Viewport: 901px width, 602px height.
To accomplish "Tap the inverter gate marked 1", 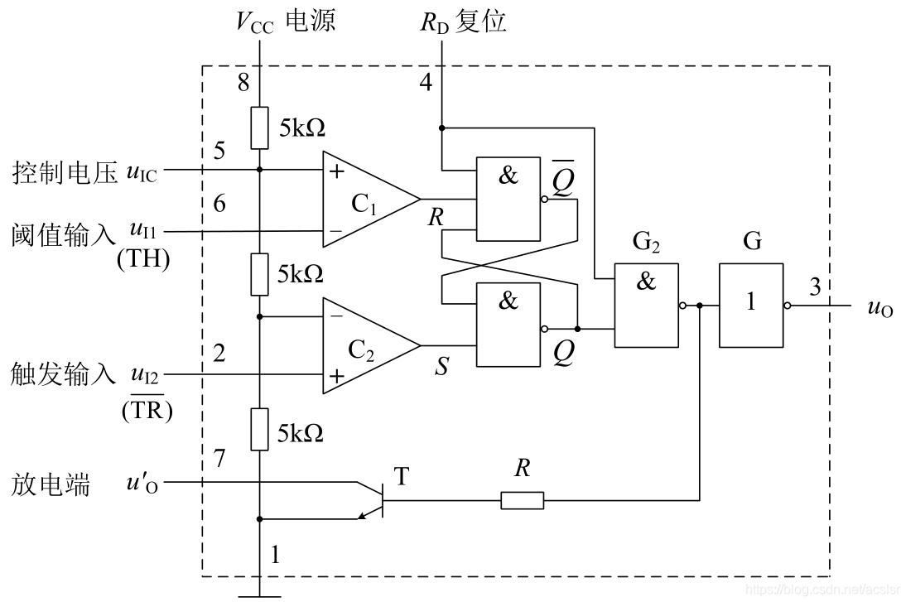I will (750, 305).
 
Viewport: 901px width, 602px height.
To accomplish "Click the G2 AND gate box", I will (646, 305).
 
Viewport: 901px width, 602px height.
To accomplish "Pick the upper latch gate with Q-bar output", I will (507, 199).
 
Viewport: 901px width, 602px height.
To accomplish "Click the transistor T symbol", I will (375, 499).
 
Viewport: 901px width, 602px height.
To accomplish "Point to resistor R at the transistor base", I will (522, 500).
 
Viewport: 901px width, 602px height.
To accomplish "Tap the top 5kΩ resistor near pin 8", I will (259, 128).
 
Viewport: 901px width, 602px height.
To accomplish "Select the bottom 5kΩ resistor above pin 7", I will (259, 430).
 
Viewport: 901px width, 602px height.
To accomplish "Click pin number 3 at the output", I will (816, 287).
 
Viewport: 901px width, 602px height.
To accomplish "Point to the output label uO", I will (879, 307).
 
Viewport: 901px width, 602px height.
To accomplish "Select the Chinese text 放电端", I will (51, 484).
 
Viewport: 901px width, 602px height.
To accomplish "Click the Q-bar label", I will (563, 181).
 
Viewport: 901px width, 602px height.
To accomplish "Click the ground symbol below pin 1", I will (259, 594).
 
